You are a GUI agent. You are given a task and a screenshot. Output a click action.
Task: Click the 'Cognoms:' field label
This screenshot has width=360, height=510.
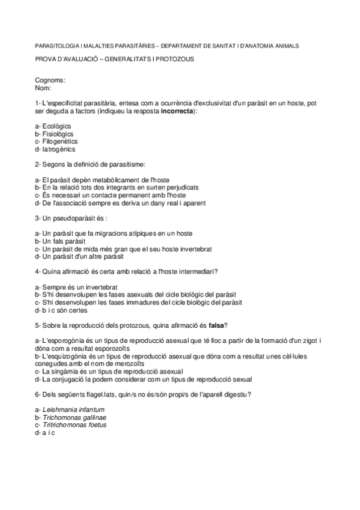pos(50,80)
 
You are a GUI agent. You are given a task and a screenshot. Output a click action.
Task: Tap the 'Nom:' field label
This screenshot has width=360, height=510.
pos(44,88)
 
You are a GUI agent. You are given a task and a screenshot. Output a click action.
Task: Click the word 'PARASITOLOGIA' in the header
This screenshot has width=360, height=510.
pos(58,45)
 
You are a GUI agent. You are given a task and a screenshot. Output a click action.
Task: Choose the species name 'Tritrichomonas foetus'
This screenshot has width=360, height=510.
pos(75,425)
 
